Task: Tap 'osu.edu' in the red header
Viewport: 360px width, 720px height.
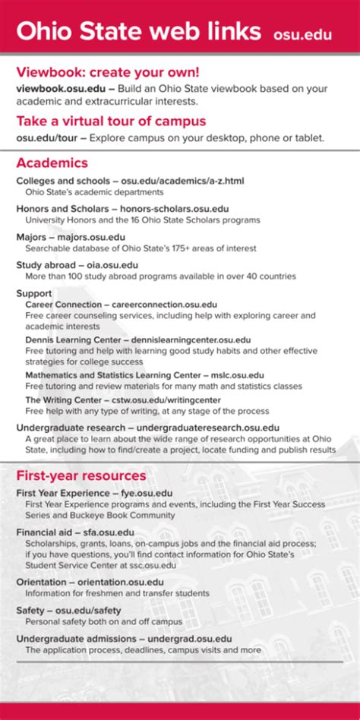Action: pyautogui.click(x=302, y=34)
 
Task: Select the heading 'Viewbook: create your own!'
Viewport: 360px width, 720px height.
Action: pyautogui.click(x=108, y=72)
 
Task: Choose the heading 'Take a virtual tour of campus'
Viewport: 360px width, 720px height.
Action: pyautogui.click(x=111, y=121)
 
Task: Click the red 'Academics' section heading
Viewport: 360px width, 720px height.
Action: pyautogui.click(x=52, y=163)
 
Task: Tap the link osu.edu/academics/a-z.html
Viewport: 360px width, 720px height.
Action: pyautogui.click(x=182, y=181)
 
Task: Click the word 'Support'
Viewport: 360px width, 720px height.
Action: pyautogui.click(x=33, y=293)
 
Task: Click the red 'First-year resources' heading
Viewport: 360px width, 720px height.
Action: pyautogui.click(x=81, y=475)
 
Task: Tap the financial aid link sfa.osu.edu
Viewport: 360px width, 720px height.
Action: pyautogui.click(x=108, y=532)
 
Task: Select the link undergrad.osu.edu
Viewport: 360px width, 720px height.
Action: pyautogui.click(x=190, y=639)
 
